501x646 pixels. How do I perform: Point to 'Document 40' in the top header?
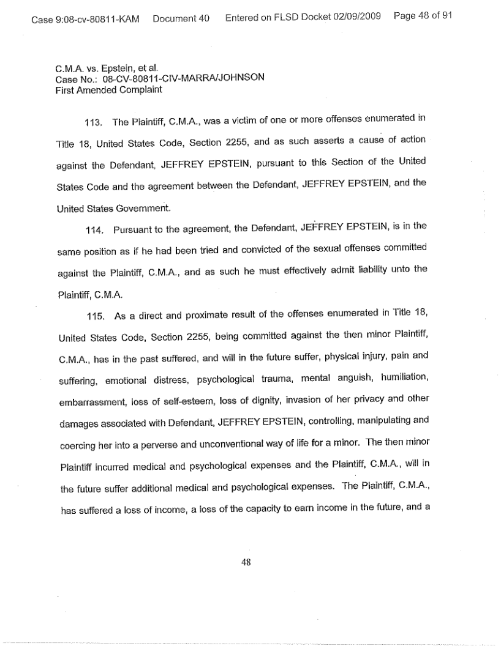(181, 18)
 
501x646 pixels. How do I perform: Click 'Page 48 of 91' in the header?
(423, 17)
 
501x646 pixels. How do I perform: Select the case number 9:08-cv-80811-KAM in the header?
(85, 18)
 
